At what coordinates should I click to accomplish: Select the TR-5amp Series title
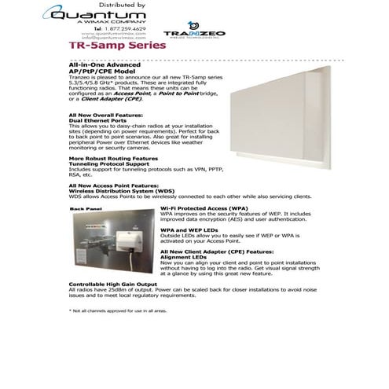[117, 46]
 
